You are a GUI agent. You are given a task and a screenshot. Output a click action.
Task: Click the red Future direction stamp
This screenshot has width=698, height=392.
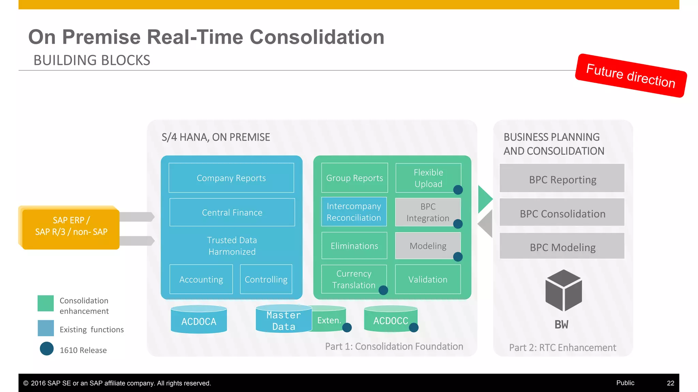[x=631, y=76]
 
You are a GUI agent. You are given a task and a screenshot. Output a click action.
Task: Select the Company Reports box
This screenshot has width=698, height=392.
[x=231, y=178]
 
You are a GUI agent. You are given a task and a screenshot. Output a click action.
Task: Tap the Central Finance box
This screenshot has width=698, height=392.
[x=232, y=212]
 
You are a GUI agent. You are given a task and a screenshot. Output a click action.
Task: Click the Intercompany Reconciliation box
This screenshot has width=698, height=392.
[x=354, y=212]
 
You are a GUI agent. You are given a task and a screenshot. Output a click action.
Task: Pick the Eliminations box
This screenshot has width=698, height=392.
[x=354, y=246]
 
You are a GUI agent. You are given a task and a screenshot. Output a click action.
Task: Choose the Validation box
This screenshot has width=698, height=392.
[x=428, y=279]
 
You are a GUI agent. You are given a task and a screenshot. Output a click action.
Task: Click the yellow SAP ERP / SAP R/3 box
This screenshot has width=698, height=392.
[x=71, y=227]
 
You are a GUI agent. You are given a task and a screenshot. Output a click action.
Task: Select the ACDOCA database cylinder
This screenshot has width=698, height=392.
[x=199, y=320]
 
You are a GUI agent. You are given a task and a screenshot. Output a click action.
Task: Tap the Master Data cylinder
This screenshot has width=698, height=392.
[x=284, y=320]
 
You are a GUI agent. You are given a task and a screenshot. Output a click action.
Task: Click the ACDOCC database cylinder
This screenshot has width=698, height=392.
[x=390, y=319]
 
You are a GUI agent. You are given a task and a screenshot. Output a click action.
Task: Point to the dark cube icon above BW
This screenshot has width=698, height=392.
[x=563, y=290]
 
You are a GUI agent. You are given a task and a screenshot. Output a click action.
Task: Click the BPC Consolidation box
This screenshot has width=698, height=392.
[x=562, y=213]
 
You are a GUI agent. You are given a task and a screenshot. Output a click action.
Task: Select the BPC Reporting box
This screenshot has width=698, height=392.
[x=562, y=179]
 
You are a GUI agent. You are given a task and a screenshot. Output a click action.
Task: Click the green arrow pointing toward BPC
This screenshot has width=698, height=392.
[x=484, y=199]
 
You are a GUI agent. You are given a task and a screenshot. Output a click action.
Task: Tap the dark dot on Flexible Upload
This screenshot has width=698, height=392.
[x=458, y=190]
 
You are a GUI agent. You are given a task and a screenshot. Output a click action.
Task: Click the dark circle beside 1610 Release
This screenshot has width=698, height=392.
[x=47, y=349]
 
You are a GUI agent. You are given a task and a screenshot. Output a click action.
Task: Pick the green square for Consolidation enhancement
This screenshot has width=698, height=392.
[x=46, y=303]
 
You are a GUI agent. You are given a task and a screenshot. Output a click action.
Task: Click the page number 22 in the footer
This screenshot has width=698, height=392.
[x=670, y=383]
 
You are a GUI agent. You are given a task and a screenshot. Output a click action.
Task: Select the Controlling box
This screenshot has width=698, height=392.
[x=266, y=279]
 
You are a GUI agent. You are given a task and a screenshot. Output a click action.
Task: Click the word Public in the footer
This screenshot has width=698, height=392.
[x=625, y=383]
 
